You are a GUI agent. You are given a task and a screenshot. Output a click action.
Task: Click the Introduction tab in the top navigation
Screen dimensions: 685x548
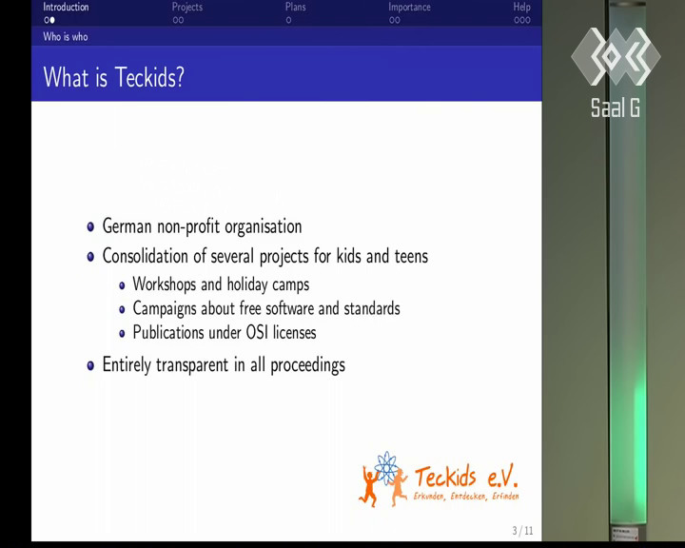coord(66,7)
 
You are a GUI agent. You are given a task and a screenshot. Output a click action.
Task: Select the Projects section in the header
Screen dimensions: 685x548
coord(187,7)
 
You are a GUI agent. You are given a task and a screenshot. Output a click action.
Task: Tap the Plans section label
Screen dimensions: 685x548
coord(295,7)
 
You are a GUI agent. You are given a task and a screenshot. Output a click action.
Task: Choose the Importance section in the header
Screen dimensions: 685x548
coord(409,7)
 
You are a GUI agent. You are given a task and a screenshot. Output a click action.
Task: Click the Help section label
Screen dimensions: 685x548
coord(521,7)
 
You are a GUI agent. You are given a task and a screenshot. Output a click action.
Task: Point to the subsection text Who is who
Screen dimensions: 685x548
coord(66,37)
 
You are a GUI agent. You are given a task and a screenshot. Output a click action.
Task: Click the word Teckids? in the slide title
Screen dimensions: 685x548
coord(149,77)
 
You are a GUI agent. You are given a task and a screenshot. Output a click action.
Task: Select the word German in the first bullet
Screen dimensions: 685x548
coord(127,226)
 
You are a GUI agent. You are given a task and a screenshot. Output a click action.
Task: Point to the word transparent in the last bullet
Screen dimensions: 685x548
coord(192,365)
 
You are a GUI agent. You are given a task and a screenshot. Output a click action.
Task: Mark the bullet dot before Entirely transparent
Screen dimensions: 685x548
coord(90,365)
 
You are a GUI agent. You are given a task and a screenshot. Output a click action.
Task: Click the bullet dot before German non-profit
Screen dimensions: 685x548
coord(90,226)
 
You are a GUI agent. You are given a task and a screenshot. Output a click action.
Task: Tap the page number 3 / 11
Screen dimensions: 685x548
coord(523,531)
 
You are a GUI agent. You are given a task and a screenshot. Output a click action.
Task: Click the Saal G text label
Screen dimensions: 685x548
coord(616,108)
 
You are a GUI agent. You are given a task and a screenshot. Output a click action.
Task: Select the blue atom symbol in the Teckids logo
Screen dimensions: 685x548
coord(386,468)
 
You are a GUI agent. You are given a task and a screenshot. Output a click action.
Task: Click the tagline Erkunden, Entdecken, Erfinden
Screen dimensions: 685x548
coord(466,497)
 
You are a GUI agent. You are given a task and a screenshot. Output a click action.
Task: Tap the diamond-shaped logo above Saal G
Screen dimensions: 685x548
coord(616,56)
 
